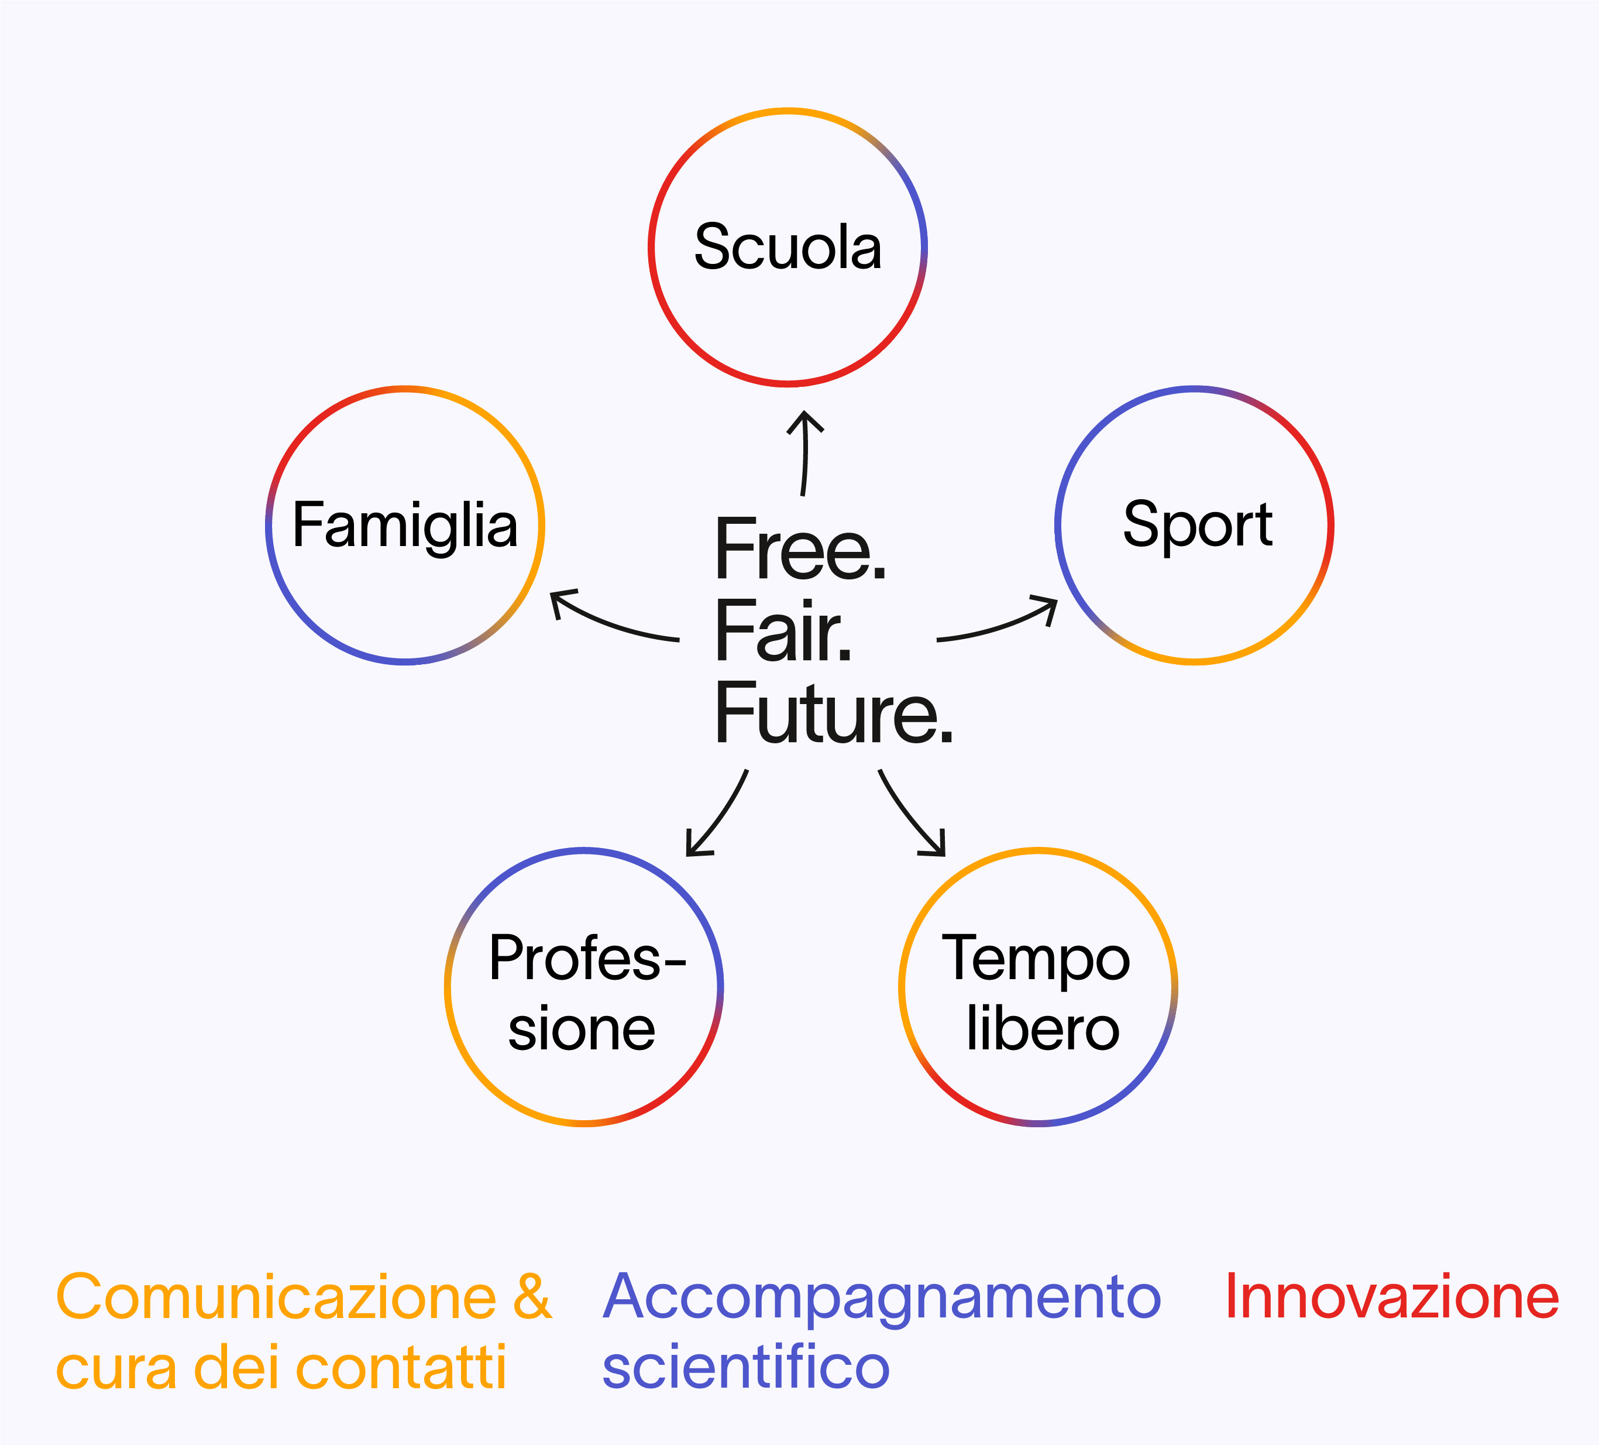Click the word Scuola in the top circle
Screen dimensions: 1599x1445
pyautogui.click(x=788, y=247)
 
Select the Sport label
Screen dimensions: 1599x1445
pyautogui.click(x=1198, y=527)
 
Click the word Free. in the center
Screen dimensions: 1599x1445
pyautogui.click(x=800, y=549)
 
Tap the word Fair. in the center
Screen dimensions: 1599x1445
pyautogui.click(x=783, y=631)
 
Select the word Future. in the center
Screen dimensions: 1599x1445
pyautogui.click(x=834, y=713)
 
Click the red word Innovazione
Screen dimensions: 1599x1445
pyautogui.click(x=1392, y=1298)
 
